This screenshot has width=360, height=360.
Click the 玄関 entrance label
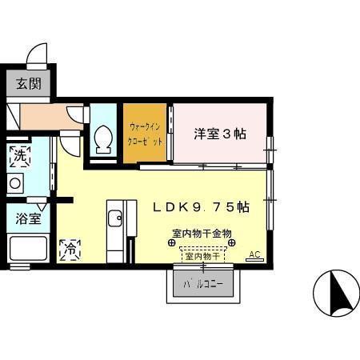pyautogui.click(x=28, y=84)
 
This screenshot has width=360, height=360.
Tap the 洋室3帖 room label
pyautogui.click(x=220, y=134)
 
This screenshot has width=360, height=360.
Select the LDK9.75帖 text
pyautogui.click(x=202, y=207)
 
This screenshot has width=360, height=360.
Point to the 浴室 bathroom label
pyautogui.click(x=28, y=218)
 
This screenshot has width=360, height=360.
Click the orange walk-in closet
pyautogui.click(x=145, y=133)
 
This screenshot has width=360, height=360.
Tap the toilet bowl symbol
pyautogui.click(x=103, y=139)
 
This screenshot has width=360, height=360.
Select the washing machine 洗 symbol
pyautogui.click(x=20, y=156)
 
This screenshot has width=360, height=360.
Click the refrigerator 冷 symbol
pyautogui.click(x=70, y=250)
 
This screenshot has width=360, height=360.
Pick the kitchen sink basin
pyautogui.click(x=115, y=218)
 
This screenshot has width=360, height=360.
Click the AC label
pyautogui.click(x=254, y=254)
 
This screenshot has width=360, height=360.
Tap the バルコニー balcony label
pyautogui.click(x=203, y=285)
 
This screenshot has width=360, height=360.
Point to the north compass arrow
pyautogui.click(x=338, y=293)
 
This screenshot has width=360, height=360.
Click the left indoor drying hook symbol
pyautogui.click(x=171, y=242)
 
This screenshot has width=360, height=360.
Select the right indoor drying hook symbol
pyautogui.click(x=232, y=242)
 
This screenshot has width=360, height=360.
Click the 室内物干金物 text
pyautogui.click(x=202, y=234)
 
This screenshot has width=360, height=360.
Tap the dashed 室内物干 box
pyautogui.click(x=202, y=255)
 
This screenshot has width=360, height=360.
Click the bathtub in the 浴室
pyautogui.click(x=28, y=248)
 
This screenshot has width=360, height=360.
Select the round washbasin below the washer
pyautogui.click(x=15, y=183)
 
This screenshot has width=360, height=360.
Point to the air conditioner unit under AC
pyautogui.click(x=254, y=260)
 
